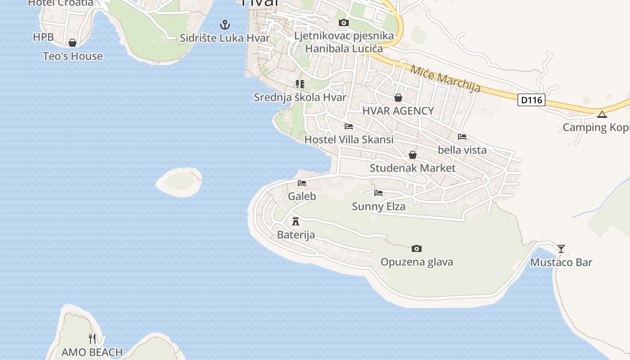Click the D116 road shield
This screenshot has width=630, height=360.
tap(531, 100)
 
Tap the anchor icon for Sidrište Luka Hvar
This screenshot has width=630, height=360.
tap(224, 24)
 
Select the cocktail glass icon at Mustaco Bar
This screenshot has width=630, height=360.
tap(561, 248)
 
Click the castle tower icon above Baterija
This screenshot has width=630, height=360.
tap(296, 221)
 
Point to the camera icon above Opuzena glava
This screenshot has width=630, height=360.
tap(417, 248)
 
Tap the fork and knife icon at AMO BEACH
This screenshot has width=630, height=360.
tap(92, 338)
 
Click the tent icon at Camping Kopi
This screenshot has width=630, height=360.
tap(602, 114)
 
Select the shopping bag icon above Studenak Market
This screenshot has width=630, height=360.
tap(413, 155)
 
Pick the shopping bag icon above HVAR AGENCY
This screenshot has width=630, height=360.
tap(398, 98)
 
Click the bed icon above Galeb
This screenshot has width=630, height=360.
tap(302, 183)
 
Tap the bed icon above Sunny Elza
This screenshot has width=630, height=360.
tap(378, 193)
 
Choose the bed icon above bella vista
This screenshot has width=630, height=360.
tap(462, 137)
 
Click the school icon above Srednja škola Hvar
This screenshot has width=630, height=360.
tap(300, 84)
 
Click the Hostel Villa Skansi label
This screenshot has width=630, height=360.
tap(349, 139)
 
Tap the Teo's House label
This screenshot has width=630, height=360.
tap(72, 56)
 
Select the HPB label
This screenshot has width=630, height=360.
tap(43, 37)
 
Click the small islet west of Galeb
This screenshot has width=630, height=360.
tap(179, 181)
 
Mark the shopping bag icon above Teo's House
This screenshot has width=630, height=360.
tap(72, 43)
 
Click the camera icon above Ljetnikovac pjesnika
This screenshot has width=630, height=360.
tap(344, 22)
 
